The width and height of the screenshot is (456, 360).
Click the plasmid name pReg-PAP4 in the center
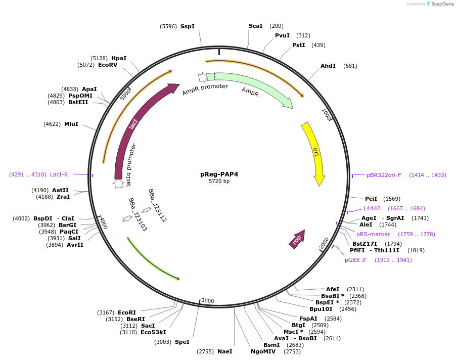point(219,174)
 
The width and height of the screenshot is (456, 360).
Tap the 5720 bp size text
point(219,181)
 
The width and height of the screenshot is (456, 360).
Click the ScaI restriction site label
point(255,26)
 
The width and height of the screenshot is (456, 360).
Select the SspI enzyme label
point(187,26)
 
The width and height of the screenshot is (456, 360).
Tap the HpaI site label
point(119,58)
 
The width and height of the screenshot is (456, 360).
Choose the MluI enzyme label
point(71,124)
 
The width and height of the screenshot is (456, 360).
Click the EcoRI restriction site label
point(127,312)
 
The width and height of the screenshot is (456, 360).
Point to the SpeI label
point(182,342)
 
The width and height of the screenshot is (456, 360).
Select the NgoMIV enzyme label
point(263,351)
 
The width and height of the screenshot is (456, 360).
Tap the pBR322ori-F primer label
point(384,175)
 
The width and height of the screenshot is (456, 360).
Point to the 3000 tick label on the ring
point(208,300)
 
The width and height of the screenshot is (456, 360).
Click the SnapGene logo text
point(441,4)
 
